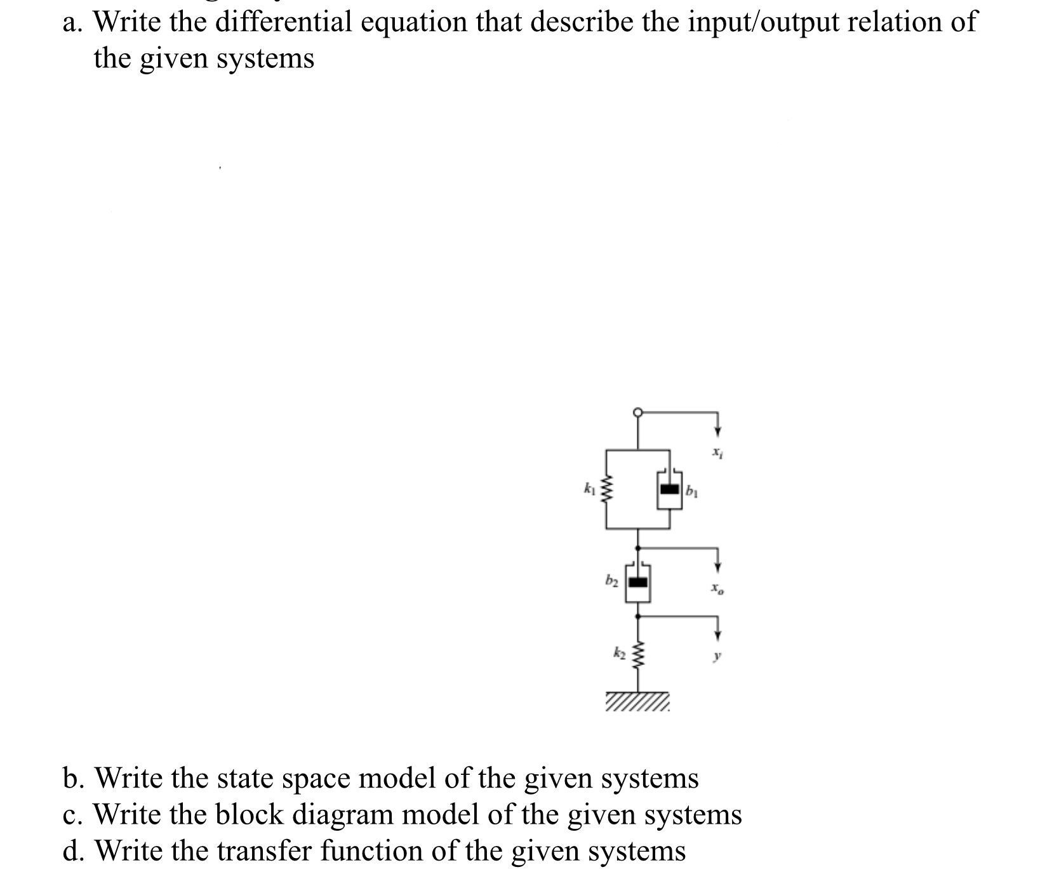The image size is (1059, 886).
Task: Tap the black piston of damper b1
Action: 669,489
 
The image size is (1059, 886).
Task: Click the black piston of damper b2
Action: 637,582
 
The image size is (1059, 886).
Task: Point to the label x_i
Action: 716,453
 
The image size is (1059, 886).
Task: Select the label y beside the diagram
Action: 716,657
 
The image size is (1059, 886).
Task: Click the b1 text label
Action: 691,490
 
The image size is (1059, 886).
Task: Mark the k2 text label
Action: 619,652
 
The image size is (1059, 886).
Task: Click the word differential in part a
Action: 283,23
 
